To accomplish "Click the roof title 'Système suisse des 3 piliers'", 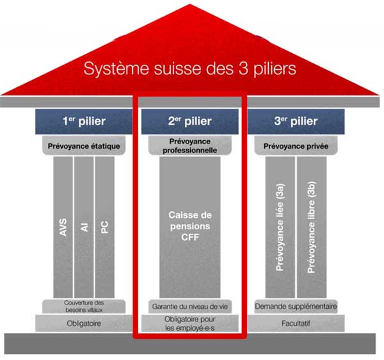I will [x=191, y=69].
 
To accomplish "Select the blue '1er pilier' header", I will [x=84, y=121].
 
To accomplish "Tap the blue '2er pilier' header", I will [x=189, y=121].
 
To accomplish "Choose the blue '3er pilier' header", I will [x=296, y=121].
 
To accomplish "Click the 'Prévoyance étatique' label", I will [x=84, y=145].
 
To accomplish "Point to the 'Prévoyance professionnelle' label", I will [x=189, y=145].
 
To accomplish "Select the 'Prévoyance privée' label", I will [x=296, y=145].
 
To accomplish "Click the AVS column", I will [x=63, y=227].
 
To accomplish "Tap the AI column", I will [x=84, y=227].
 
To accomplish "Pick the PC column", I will [x=104, y=227].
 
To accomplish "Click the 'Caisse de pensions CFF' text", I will [x=189, y=225].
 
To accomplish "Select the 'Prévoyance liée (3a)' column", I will [x=280, y=227].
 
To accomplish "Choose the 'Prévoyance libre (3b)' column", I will [x=312, y=227].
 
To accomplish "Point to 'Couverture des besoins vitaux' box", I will [x=84, y=306].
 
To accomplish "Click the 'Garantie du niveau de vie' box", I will [x=189, y=306].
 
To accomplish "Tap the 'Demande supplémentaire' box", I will [x=296, y=306].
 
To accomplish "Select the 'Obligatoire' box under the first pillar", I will [x=84, y=323].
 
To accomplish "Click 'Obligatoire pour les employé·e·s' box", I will [x=189, y=323].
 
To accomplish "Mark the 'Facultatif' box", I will [x=296, y=323].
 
